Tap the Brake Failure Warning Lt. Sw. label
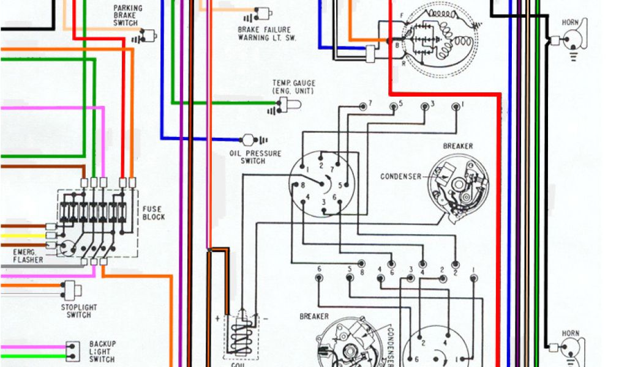(x=265, y=33)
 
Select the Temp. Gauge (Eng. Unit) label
(x=293, y=87)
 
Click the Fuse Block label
(x=153, y=213)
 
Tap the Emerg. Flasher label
(x=27, y=256)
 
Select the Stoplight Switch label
(x=79, y=311)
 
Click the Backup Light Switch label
(x=102, y=351)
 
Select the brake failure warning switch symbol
(x=262, y=14)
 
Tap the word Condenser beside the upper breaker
(x=401, y=177)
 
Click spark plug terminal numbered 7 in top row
(x=364, y=106)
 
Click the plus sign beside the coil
(x=217, y=319)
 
